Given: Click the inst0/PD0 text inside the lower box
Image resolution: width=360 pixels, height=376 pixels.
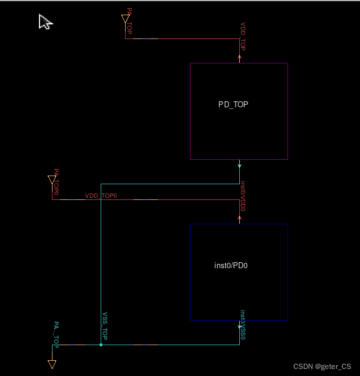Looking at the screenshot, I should coord(231,266).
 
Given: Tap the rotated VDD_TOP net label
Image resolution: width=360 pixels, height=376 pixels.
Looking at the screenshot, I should coord(243,37).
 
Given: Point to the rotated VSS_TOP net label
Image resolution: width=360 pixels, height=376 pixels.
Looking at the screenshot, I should coord(105,327).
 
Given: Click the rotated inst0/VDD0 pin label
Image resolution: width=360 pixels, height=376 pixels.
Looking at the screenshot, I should coord(244,196).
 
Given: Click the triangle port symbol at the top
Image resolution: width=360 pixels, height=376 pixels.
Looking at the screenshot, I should coord(126,20).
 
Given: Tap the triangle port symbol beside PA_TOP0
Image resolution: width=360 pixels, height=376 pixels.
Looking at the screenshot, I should coord(52,179).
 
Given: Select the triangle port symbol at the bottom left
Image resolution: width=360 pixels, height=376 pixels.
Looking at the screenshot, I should coord(52,364).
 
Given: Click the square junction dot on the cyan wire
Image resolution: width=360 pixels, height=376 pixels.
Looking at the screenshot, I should coord(101,345).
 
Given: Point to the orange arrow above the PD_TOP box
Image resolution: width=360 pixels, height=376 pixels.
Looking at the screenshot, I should coord(240,57).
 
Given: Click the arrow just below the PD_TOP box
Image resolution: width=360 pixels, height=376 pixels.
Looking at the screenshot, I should coord(240,165).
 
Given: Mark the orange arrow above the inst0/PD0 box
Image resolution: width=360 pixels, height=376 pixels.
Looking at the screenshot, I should coord(240,218).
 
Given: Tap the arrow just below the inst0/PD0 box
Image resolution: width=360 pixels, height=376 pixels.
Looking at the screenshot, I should coord(240,326).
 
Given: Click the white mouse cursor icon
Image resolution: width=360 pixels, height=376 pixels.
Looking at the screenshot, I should coord(45,22).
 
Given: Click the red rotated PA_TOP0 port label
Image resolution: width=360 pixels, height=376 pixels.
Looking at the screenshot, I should coord(56,182).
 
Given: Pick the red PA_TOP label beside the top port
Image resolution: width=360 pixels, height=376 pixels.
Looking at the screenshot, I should coord(129,21).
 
